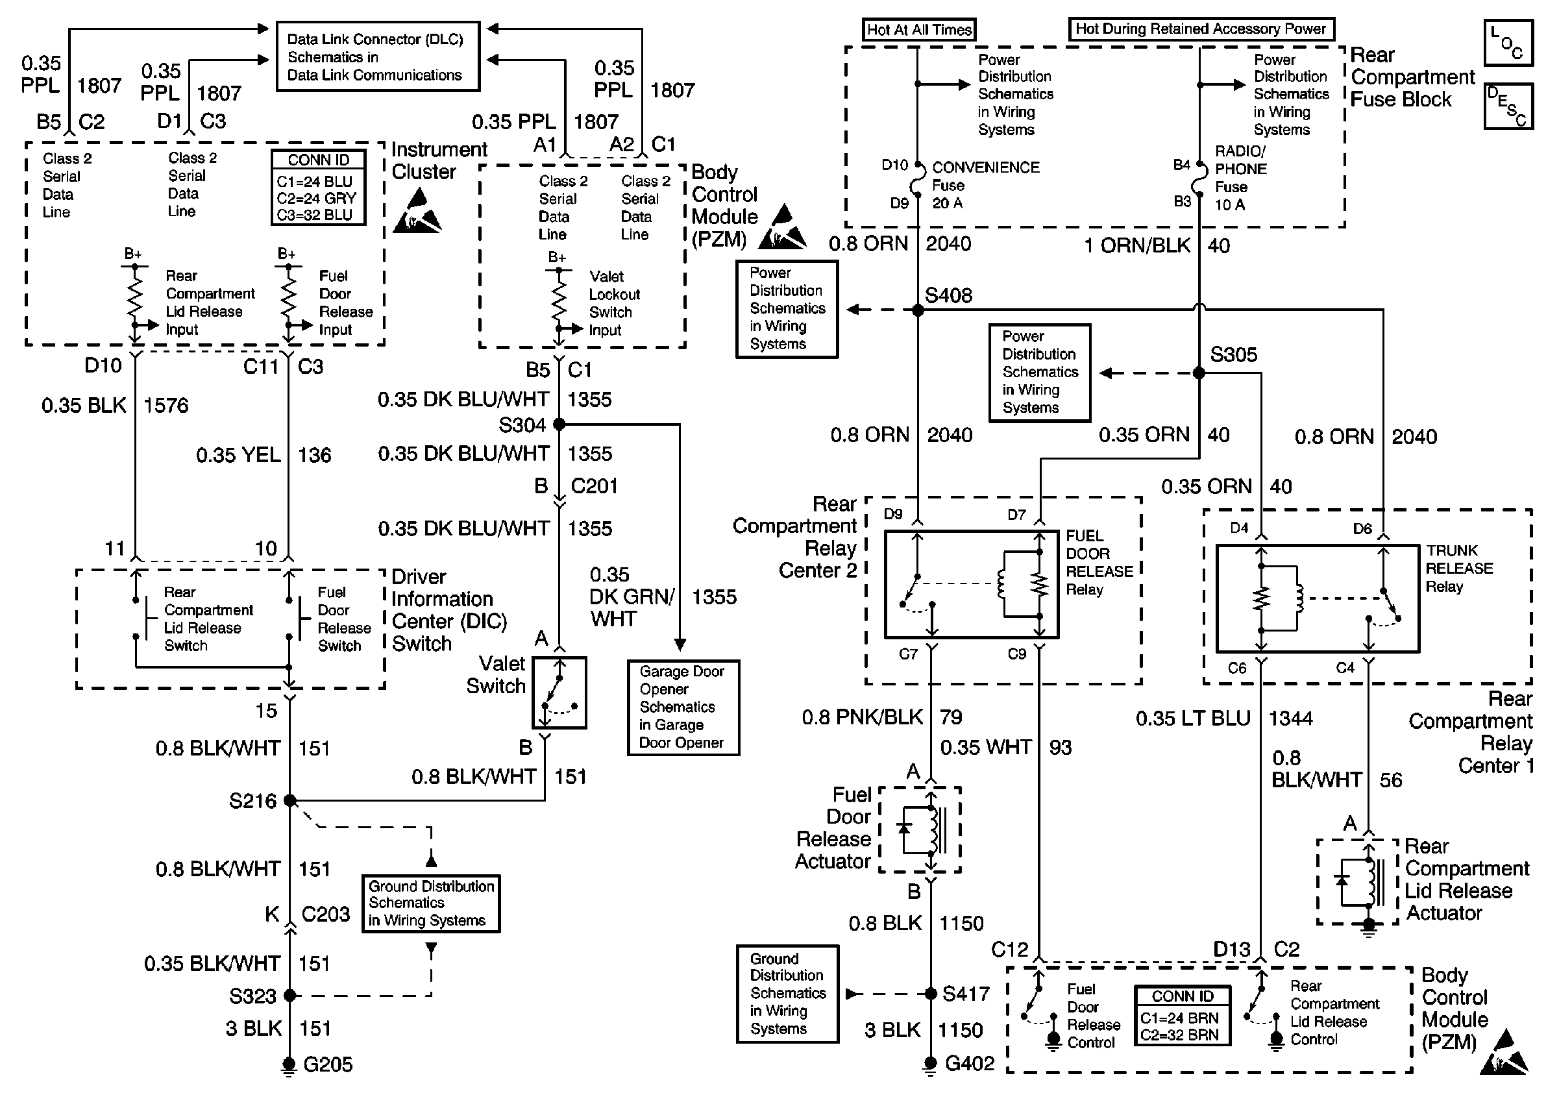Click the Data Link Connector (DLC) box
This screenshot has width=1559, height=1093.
[x=378, y=56]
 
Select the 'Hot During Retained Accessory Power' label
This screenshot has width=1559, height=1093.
[x=1201, y=29]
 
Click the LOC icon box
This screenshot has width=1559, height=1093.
[x=1508, y=42]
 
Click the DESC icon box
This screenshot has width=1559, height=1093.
[x=1508, y=105]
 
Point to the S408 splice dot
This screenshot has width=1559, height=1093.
[x=918, y=310]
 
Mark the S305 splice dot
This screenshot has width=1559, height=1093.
[x=1199, y=373]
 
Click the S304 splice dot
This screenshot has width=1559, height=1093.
[x=559, y=424]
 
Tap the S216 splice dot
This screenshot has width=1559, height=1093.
[x=290, y=800]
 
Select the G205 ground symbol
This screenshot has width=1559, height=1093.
[x=289, y=1066]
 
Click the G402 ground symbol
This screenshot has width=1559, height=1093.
[x=931, y=1065]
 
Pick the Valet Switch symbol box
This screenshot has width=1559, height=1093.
[x=559, y=693]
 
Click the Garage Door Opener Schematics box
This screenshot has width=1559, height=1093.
[x=683, y=707]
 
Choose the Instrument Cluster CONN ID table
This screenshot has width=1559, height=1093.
[x=319, y=187]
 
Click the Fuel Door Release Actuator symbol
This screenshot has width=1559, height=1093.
[x=920, y=829]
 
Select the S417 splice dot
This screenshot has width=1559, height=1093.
[x=931, y=994]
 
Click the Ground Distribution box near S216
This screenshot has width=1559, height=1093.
[x=431, y=903]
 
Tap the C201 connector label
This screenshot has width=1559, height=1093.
[x=594, y=486]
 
